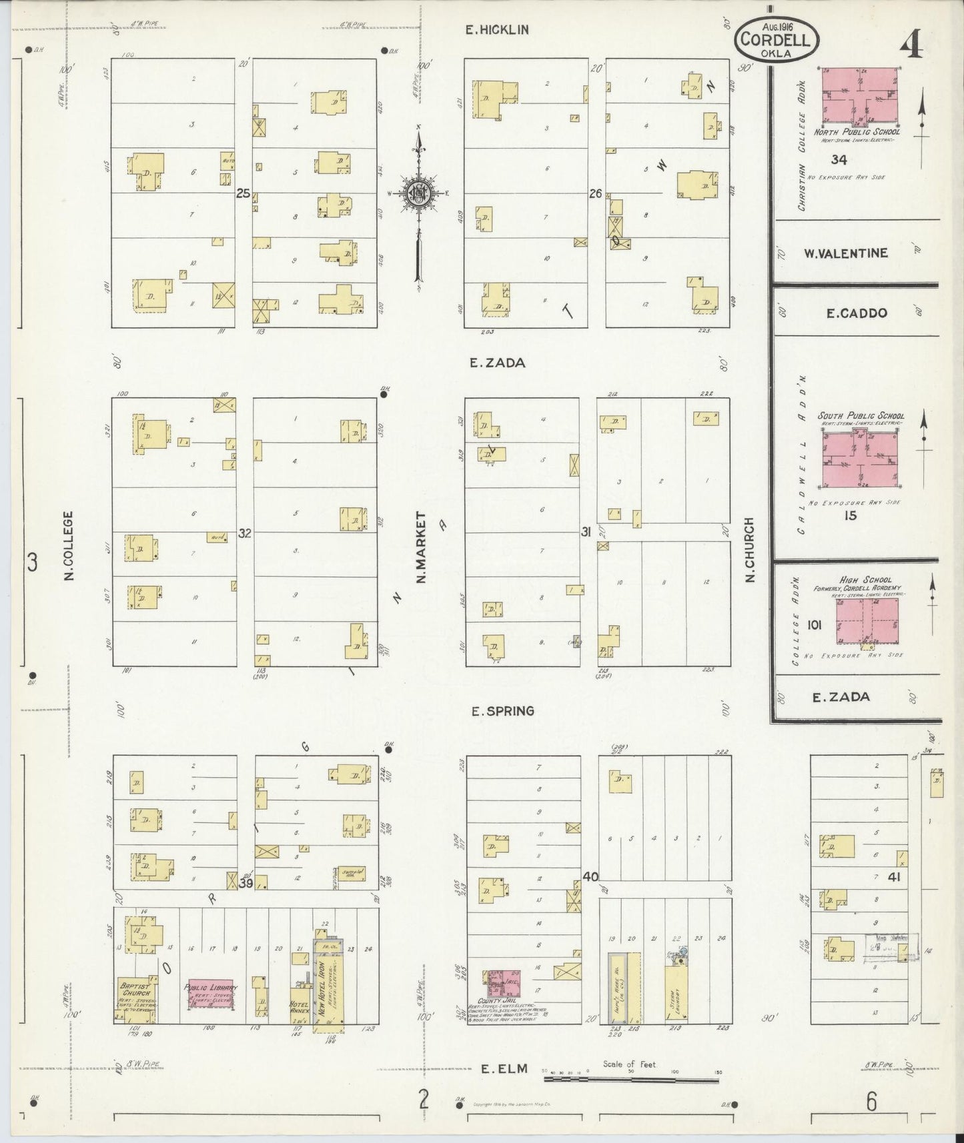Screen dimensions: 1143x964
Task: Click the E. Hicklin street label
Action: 497,29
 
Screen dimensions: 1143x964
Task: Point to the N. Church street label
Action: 749,549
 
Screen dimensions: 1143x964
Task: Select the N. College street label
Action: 69,545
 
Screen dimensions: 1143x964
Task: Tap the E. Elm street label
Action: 504,1068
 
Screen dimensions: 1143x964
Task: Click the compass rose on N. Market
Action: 419,193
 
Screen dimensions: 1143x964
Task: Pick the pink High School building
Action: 867,620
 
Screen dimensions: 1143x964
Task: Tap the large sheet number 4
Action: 911,45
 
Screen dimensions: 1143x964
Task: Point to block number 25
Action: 243,194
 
